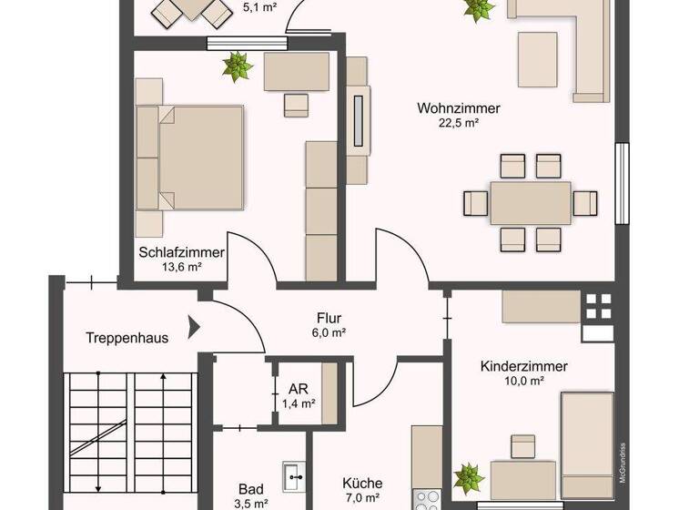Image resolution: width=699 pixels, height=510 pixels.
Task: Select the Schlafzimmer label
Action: [x=182, y=252]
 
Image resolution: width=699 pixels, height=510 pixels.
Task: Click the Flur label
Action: [x=329, y=318]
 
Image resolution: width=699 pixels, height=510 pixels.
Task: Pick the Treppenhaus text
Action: [x=127, y=337]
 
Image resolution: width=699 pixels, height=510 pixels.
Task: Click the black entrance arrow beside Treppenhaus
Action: [x=192, y=325]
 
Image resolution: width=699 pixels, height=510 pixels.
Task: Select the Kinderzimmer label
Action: [x=524, y=366]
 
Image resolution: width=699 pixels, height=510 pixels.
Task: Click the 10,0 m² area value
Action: [x=524, y=381]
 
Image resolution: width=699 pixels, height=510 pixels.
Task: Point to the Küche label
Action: [x=362, y=484]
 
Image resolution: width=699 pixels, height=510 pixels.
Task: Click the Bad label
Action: [x=251, y=488]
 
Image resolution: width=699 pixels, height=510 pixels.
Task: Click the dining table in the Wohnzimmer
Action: [x=530, y=202]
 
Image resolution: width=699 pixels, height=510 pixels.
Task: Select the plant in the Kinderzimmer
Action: [x=468, y=476]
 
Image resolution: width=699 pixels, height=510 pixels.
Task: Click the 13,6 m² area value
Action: [x=182, y=267]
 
